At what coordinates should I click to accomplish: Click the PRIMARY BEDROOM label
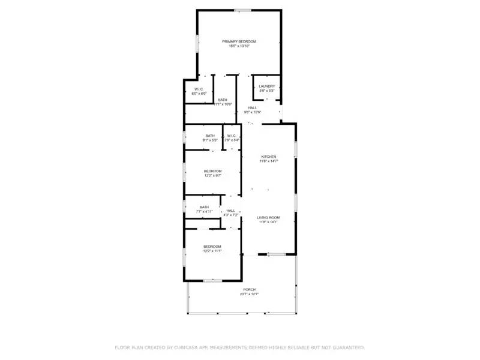point(239,41)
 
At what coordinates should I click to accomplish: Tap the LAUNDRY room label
point(267,86)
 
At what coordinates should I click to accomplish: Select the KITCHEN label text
point(268,157)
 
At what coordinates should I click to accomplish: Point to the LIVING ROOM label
point(269,217)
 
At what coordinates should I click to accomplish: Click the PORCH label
point(249,289)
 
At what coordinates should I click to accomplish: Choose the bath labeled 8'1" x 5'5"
point(210,136)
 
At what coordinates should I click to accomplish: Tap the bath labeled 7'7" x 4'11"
point(205,207)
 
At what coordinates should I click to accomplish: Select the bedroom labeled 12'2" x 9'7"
point(212,171)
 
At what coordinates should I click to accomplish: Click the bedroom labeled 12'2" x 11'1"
point(212,247)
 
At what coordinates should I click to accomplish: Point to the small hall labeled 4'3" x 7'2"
point(231,211)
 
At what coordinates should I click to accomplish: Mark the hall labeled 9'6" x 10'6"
point(253,108)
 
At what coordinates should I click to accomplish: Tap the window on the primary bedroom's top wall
point(243,10)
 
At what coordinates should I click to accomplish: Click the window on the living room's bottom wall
point(276,255)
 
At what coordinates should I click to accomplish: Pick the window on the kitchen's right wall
point(295,148)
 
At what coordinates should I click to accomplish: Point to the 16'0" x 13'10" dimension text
point(239,46)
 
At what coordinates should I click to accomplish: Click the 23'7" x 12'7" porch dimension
point(249,294)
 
